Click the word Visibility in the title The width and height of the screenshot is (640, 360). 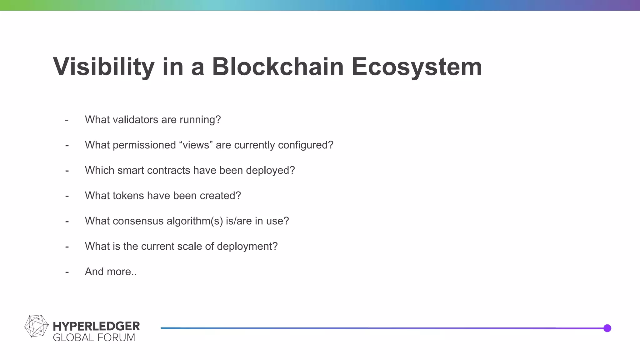[103, 67]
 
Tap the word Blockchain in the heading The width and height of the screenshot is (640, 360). [278, 67]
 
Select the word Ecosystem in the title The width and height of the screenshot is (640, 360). [417, 67]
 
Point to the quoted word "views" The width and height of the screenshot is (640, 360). [196, 145]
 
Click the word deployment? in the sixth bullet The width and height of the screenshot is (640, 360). [247, 246]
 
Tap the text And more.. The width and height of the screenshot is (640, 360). [111, 272]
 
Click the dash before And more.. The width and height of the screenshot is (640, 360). [67, 272]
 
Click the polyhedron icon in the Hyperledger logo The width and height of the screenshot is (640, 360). [36, 326]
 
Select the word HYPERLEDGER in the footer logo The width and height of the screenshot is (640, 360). [96, 326]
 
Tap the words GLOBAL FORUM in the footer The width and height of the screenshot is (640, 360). [94, 338]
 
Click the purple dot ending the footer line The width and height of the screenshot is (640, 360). [607, 328]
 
